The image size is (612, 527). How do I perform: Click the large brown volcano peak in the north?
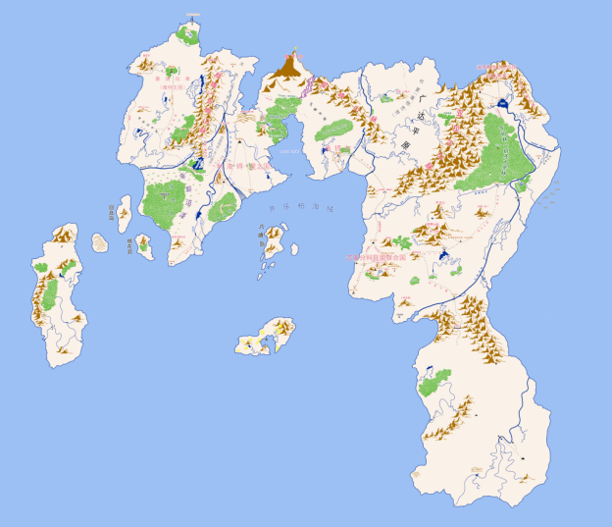pos(288,66)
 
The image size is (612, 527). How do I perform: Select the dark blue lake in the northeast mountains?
pos(503,102)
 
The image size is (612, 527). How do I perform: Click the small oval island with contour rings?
pos(100,241)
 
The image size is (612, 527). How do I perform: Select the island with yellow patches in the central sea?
pos(268,336)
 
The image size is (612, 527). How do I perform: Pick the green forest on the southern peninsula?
pos(433,382)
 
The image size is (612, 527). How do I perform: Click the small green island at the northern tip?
pos(188,35)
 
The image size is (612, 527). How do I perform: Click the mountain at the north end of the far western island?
pos(65,234)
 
